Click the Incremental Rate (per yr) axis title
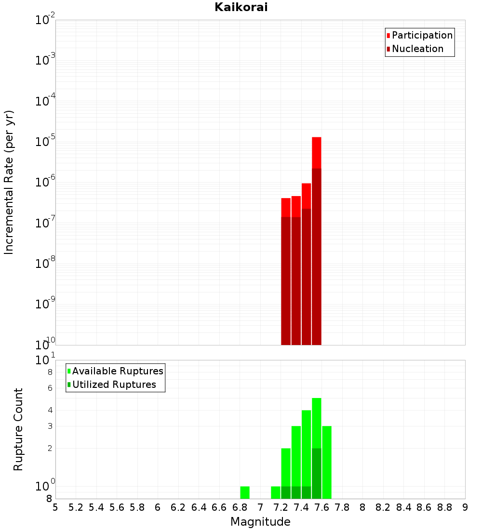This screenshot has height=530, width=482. (9, 183)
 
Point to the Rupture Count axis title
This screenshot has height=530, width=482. (18, 429)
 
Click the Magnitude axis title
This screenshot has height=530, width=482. (260, 522)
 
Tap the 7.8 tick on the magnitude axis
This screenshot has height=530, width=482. (342, 507)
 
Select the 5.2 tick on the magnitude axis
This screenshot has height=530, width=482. (76, 507)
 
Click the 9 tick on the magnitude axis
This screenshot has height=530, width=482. (465, 507)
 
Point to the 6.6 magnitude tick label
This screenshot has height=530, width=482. (219, 507)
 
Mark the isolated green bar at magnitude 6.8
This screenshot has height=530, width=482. (245, 492)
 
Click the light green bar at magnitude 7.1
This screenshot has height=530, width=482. (276, 492)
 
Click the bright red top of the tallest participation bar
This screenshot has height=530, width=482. (317, 152)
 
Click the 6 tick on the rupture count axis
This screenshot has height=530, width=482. (50, 388)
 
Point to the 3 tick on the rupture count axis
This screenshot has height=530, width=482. (50, 426)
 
